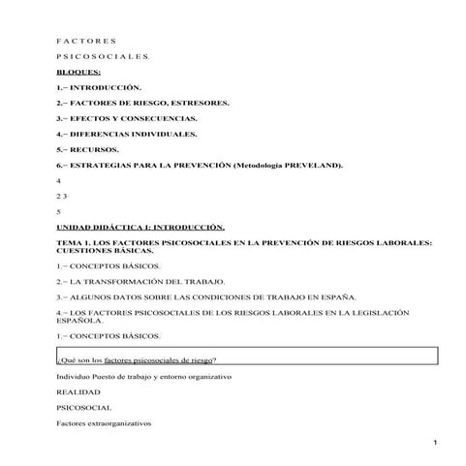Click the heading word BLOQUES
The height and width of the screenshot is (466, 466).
[x=78, y=72]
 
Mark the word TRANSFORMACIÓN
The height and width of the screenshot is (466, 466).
[x=144, y=280]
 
